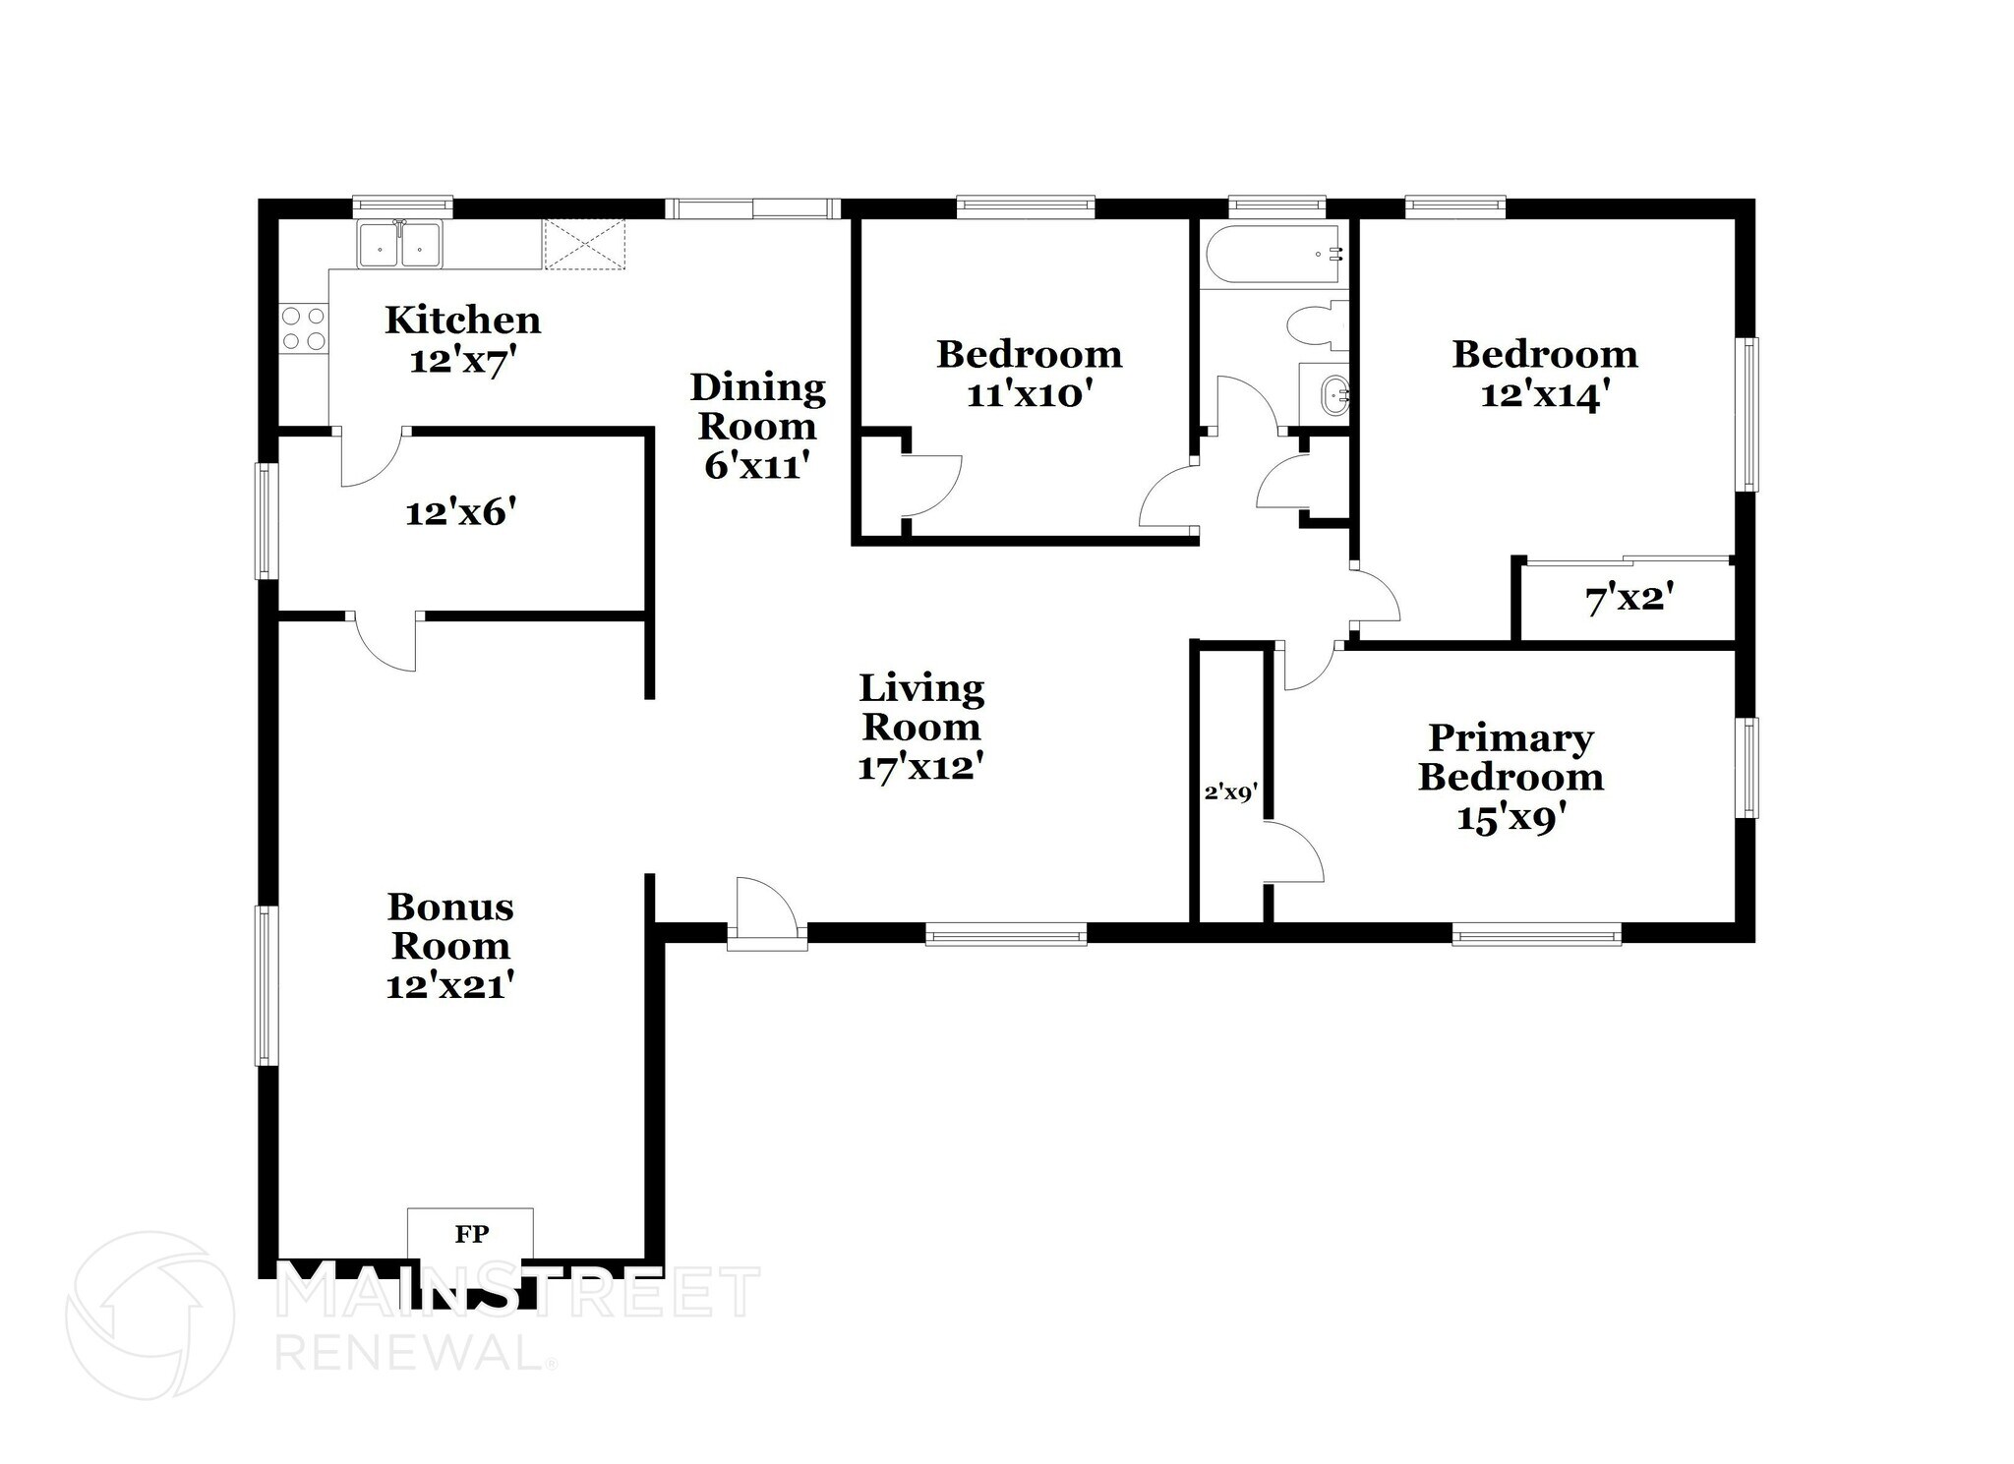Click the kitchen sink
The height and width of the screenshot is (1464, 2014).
tap(400, 244)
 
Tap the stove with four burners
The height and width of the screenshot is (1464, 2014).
tap(303, 328)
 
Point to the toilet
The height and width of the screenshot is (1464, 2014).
tap(1318, 326)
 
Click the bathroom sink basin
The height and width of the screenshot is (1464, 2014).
tap(1333, 396)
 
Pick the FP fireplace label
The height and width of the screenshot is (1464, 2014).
tap(471, 1233)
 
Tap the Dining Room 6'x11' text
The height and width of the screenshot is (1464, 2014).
tap(757, 426)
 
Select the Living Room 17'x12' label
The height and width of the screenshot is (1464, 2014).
tap(921, 728)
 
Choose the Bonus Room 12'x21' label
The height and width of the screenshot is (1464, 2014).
tap(450, 946)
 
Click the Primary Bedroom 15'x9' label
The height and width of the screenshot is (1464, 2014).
tap(1510, 778)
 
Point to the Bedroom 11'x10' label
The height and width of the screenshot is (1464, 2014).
tap(1029, 374)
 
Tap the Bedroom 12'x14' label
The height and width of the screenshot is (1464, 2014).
tap(1545, 374)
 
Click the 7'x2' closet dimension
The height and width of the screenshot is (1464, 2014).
tap(1629, 599)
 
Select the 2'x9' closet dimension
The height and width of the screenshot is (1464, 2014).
tap(1231, 792)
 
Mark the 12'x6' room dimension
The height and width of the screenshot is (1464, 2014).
tap(461, 511)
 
